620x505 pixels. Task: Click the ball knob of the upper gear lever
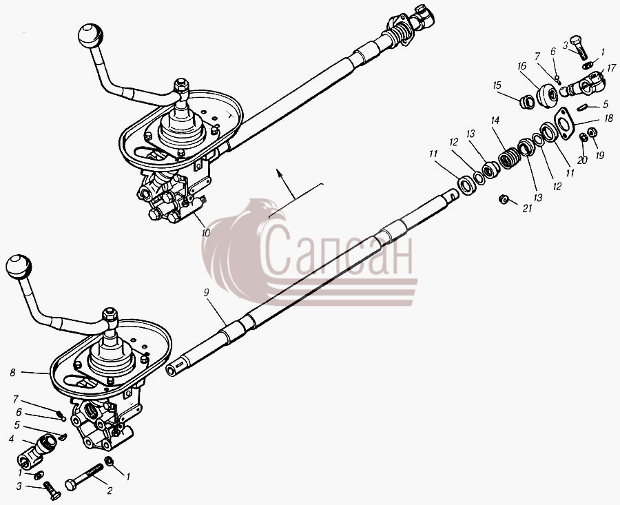click(x=90, y=36)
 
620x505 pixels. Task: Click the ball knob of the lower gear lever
click(x=19, y=267)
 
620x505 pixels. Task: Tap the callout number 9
click(x=207, y=292)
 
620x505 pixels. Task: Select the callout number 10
click(x=205, y=233)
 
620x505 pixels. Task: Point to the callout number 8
click(x=12, y=372)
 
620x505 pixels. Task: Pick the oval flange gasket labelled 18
click(x=565, y=123)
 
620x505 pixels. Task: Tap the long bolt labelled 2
click(x=84, y=477)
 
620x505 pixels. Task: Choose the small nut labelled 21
click(x=504, y=199)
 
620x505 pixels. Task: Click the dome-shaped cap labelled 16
click(x=547, y=96)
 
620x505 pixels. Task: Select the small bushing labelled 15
click(x=527, y=103)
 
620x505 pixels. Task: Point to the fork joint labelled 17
click(x=583, y=84)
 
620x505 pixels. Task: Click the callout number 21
click(x=528, y=208)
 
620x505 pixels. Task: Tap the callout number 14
click(x=495, y=120)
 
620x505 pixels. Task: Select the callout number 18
click(x=608, y=118)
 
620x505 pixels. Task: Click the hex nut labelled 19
click(x=592, y=132)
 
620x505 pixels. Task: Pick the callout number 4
click(x=12, y=439)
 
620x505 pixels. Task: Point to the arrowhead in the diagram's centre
click(x=279, y=172)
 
